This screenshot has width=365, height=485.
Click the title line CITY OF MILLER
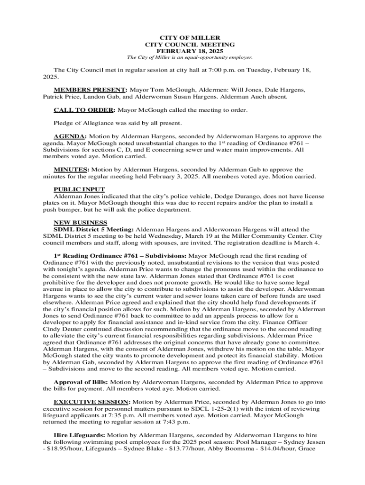182,37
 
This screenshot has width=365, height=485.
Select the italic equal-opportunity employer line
182,57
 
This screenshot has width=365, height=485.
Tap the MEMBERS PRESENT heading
90,90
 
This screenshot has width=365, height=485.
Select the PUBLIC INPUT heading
79,189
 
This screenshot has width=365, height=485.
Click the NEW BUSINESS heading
80,223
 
